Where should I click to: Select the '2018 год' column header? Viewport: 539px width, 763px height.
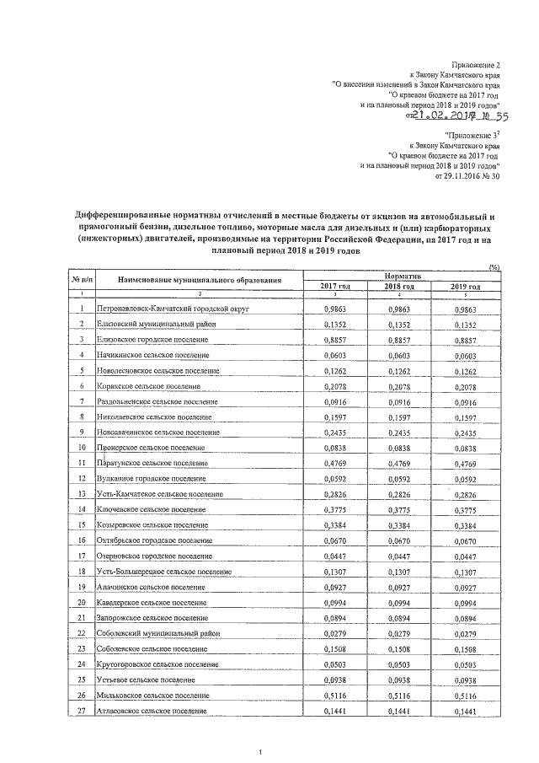(x=395, y=287)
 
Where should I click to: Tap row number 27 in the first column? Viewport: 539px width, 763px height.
(x=82, y=712)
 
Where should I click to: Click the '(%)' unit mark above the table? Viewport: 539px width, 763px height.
(x=495, y=267)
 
